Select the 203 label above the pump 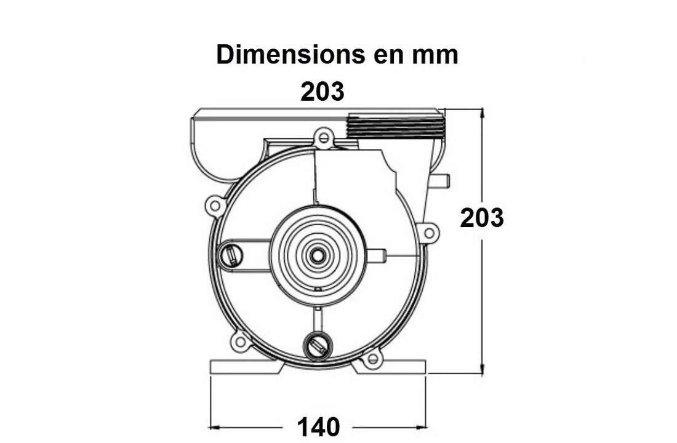coord(322,91)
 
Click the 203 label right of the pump coord(482,218)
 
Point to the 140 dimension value coord(319,427)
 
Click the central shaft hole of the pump coord(318,255)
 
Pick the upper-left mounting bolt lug coord(215,206)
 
